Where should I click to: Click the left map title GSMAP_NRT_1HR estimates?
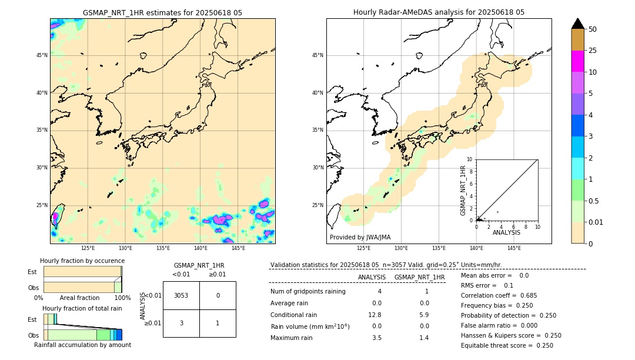[162, 12]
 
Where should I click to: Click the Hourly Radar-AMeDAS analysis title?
[439, 12]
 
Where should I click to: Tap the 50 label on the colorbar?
[593, 29]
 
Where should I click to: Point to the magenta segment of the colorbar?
[577, 61]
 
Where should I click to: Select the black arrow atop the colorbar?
[577, 24]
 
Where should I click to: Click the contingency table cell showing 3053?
[181, 295]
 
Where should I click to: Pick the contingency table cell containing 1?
[218, 323]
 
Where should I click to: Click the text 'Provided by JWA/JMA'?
[360, 238]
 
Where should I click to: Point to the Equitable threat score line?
[507, 345]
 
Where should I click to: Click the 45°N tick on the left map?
[42, 55]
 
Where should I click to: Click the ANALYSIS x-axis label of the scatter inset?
[506, 233]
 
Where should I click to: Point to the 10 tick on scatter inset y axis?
[470, 159]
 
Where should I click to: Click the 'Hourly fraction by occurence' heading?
[82, 261]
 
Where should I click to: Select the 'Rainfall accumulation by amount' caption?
[82, 345]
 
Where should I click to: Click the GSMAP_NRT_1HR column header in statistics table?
[419, 277]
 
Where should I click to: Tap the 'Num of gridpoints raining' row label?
[308, 292]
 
